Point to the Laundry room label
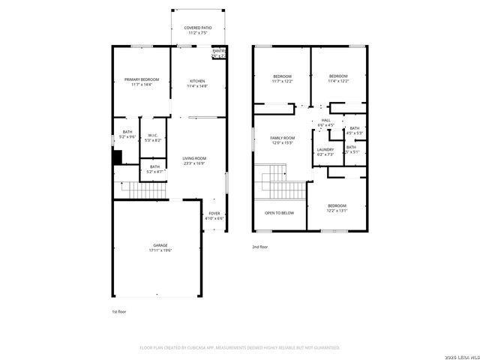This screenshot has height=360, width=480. pyautogui.click(x=325, y=151)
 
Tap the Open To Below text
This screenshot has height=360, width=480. pyautogui.click(x=279, y=212)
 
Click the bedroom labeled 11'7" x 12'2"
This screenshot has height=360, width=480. pyautogui.click(x=282, y=78)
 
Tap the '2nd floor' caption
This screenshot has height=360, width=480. pyautogui.click(x=259, y=246)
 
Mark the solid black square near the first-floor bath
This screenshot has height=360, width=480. pyautogui.click(x=117, y=157)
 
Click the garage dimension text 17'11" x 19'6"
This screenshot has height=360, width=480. pyautogui.click(x=160, y=250)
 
